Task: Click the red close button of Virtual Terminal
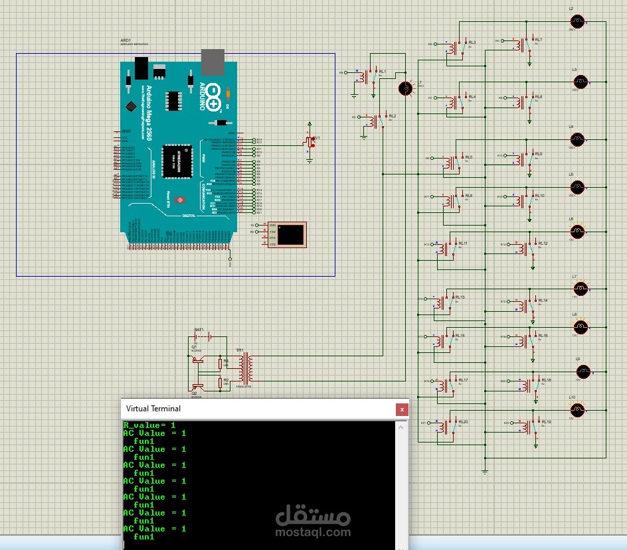click(401, 409)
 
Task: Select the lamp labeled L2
click(578, 21)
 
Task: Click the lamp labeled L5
click(577, 186)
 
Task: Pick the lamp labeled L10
click(578, 407)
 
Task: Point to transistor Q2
click(197, 386)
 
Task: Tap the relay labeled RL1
click(370, 76)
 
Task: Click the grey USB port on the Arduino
click(213, 61)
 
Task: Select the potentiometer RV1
click(308, 141)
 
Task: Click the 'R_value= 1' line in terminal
click(149, 425)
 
